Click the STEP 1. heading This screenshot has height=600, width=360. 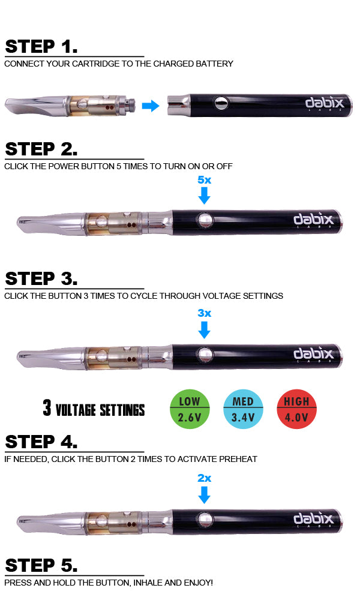[41, 46]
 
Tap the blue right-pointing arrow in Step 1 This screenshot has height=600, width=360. [151, 106]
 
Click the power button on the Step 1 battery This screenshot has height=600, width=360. [221, 103]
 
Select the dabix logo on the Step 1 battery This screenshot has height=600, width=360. [325, 103]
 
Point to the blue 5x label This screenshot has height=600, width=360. [204, 180]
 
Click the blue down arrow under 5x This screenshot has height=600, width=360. [204, 196]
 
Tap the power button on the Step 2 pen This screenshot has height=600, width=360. [204, 220]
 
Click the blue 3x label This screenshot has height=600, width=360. [204, 313]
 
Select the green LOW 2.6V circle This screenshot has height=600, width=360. [190, 409]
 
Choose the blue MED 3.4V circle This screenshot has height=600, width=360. [244, 409]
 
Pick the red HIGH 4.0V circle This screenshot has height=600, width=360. [297, 409]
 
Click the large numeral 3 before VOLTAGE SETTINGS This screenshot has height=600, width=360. [47, 407]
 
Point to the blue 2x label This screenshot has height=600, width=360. [204, 478]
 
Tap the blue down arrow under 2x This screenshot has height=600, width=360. [204, 495]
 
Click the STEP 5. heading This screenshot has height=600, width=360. [41, 565]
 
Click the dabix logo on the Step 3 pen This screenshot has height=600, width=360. [313, 353]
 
